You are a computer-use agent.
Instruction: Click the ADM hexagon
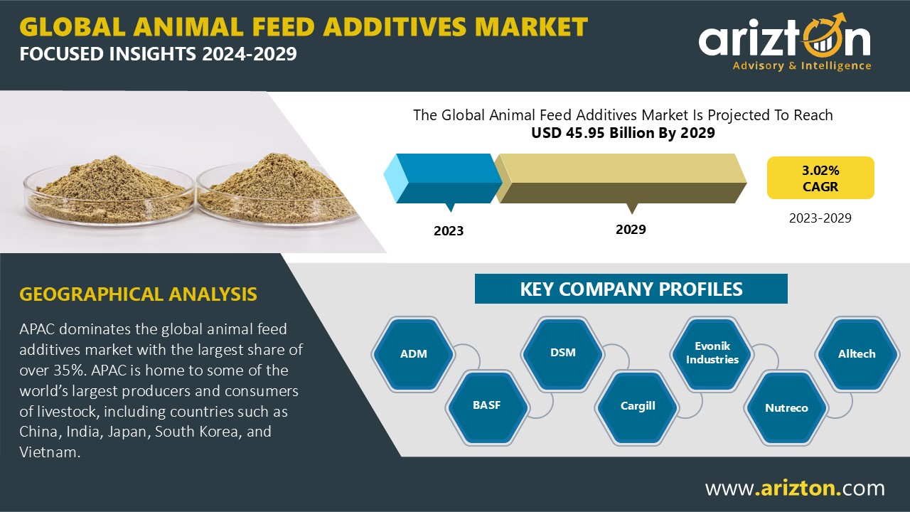click(414, 354)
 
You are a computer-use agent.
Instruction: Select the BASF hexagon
click(487, 405)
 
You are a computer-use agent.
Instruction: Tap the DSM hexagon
click(562, 353)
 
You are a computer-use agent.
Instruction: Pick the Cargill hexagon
click(637, 406)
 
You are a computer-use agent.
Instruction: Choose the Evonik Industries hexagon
click(712, 353)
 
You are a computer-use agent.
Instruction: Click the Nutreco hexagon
click(786, 407)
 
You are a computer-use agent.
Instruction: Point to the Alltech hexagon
click(857, 354)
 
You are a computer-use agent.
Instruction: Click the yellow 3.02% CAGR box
click(820, 178)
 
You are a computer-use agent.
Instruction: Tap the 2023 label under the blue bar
click(449, 231)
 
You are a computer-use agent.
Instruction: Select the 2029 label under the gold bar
click(631, 230)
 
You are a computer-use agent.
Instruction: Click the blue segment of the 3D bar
click(443, 178)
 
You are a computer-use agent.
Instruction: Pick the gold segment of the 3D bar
click(621, 178)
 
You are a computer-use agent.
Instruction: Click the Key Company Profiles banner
click(631, 289)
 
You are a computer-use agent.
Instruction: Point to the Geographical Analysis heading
click(138, 294)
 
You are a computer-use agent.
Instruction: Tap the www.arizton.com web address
click(794, 488)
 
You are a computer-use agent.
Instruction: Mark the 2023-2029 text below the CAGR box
click(820, 218)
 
